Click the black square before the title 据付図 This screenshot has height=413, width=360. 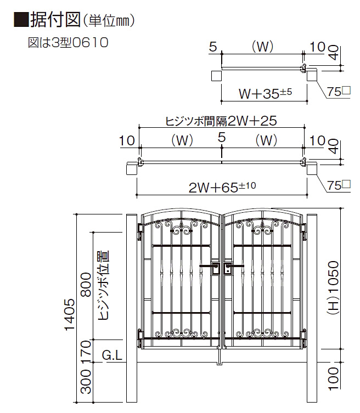pos(21,19)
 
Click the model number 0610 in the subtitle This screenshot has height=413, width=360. pos(89,42)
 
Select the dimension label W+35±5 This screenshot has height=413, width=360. pos(266,93)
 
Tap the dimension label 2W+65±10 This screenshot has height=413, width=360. pos(222,187)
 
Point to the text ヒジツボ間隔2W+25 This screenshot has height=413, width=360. pos(221,121)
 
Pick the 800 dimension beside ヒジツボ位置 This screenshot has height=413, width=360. pos(87,285)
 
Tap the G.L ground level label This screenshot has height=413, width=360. pos(112,355)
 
